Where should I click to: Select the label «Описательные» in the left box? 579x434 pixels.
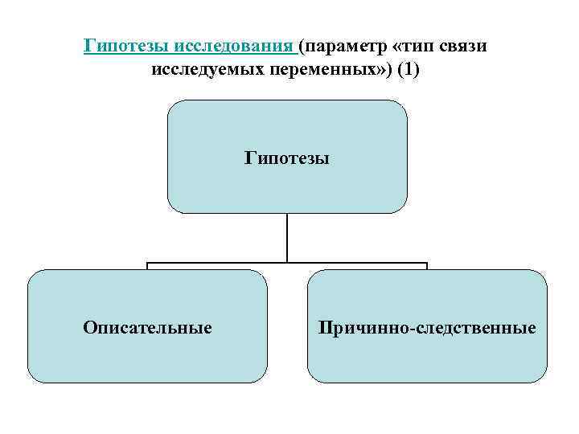pos(147,328)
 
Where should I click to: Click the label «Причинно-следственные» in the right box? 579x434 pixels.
pos(427,328)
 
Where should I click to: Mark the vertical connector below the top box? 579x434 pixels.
pos(287,237)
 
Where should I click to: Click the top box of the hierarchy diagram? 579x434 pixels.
pos(287,129)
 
